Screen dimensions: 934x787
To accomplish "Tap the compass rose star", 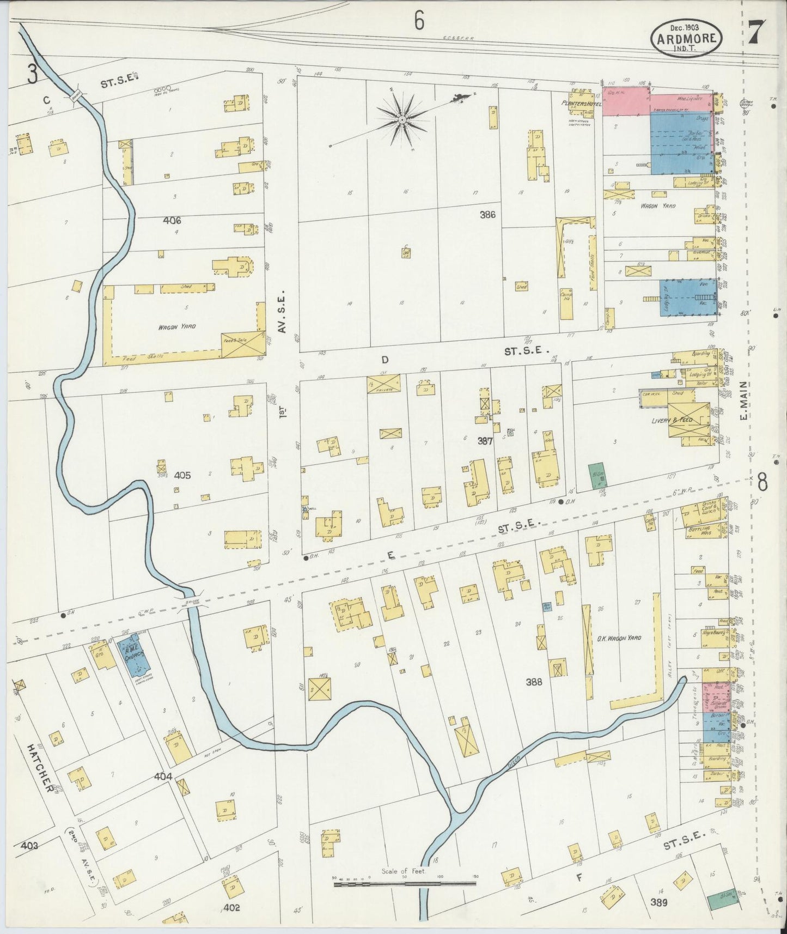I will pyautogui.click(x=401, y=119).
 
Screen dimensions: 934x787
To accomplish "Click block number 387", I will pyautogui.click(x=485, y=441).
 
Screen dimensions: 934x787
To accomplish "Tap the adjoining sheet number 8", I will pyautogui.click(x=762, y=482).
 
